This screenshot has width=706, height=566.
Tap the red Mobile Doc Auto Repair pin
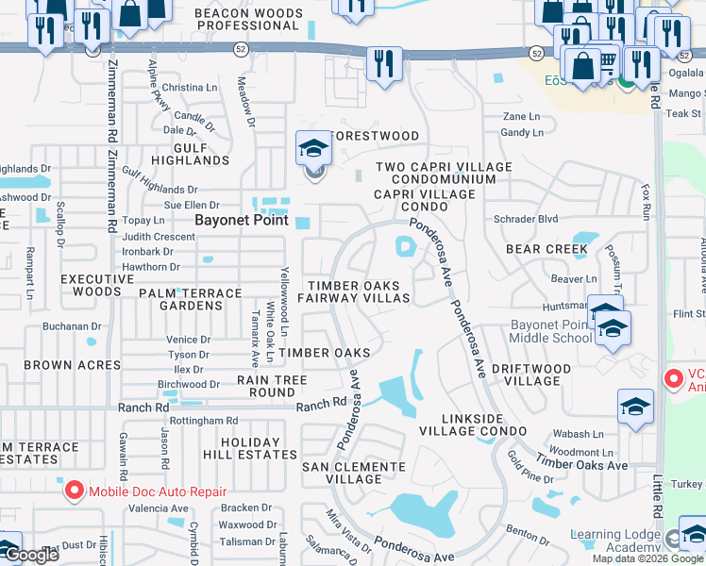pyautogui.click(x=73, y=491)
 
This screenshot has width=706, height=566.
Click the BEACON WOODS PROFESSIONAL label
pyautogui.click(x=248, y=20)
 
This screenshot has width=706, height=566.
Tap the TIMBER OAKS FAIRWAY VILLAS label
pyautogui.click(x=354, y=291)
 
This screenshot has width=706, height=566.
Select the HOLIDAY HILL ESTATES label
pyautogui.click(x=249, y=448)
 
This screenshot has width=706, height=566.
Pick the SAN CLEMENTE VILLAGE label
pyautogui.click(x=353, y=473)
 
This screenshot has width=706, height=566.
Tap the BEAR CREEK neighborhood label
pyautogui.click(x=546, y=250)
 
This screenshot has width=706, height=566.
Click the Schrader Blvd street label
pyautogui.click(x=526, y=219)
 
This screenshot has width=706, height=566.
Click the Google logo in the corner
pyautogui.click(x=31, y=556)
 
